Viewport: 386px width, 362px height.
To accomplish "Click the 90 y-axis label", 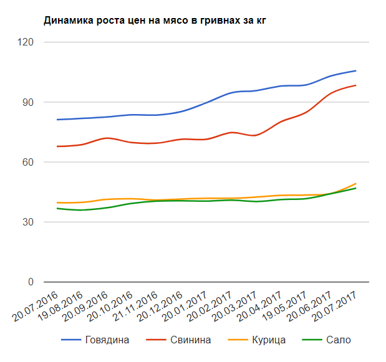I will (28, 102).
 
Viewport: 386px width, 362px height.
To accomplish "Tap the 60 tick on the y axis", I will (28, 162).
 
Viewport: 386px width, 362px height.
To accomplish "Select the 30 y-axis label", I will (28, 222).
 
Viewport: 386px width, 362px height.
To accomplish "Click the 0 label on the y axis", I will (31, 282).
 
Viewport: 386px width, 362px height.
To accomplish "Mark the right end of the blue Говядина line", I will (355, 71).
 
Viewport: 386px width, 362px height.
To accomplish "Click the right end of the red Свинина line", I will (355, 85).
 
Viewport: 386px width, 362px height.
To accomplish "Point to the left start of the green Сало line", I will (57, 208).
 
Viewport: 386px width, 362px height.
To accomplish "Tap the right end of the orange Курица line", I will (355, 184).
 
